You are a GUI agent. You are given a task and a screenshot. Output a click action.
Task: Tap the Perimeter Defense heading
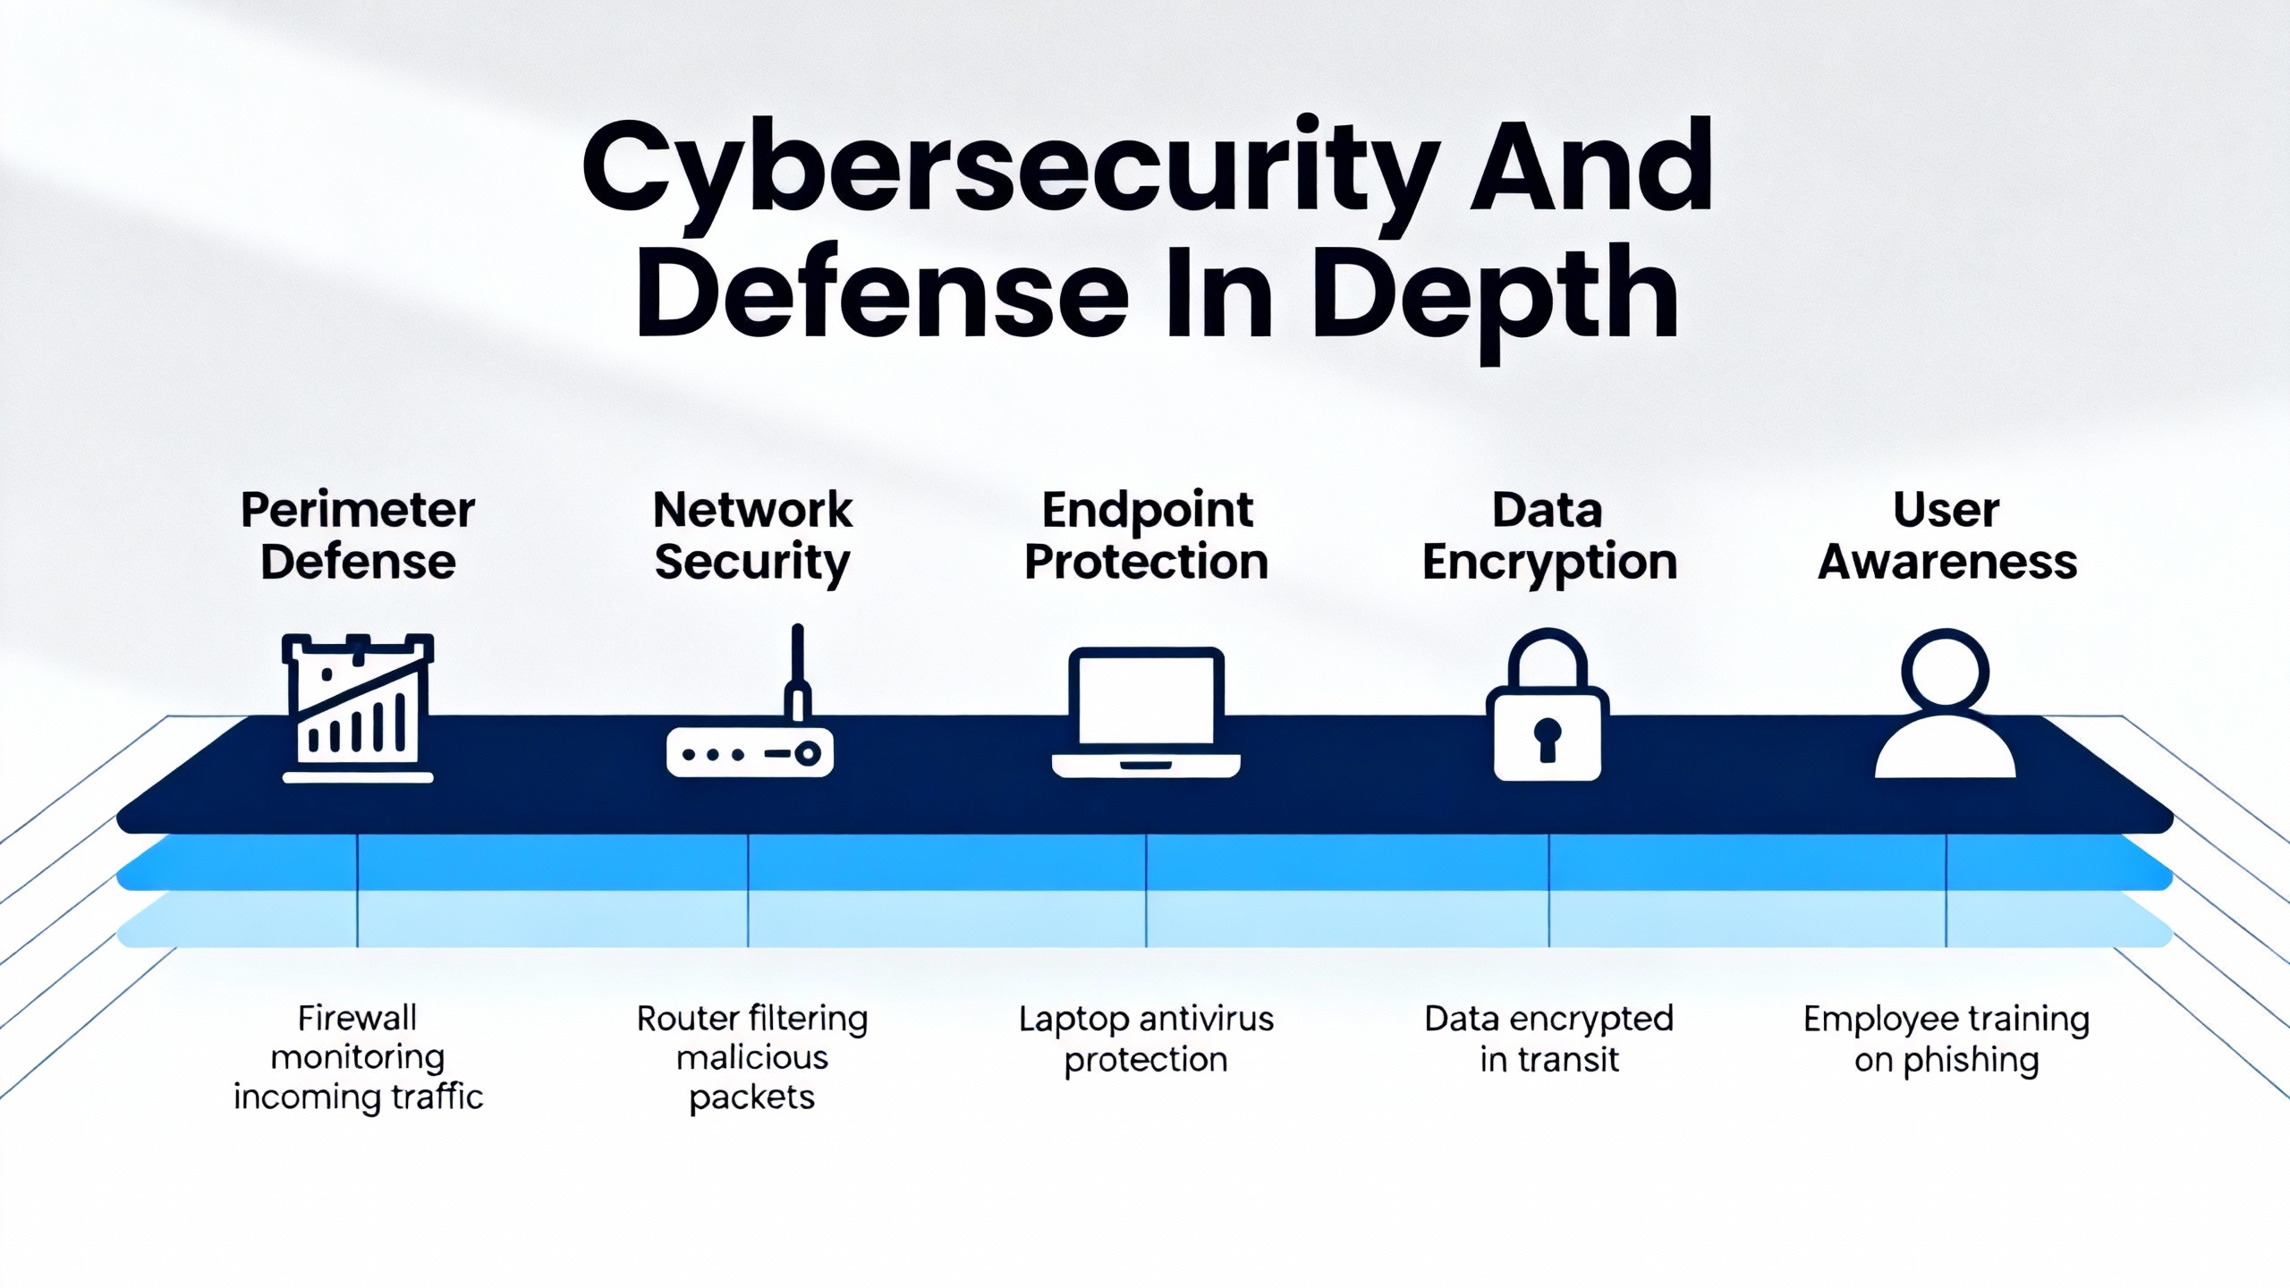tap(358, 536)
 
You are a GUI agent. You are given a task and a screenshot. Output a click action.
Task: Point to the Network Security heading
tap(752, 536)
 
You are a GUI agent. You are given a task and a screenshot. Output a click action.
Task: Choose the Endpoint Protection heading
tap(1146, 536)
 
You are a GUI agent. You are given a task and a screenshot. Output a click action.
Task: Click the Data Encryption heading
tap(1548, 536)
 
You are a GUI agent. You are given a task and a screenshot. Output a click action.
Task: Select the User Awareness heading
tap(1946, 536)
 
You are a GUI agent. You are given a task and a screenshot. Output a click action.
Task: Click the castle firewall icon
tap(358, 708)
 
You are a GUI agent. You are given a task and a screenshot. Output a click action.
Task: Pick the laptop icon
tap(1146, 712)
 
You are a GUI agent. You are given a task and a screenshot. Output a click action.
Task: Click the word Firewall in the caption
tap(357, 1018)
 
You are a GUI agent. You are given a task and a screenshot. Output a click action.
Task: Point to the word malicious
tap(751, 1058)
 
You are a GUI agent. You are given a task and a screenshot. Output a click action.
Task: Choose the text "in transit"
tap(1548, 1060)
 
